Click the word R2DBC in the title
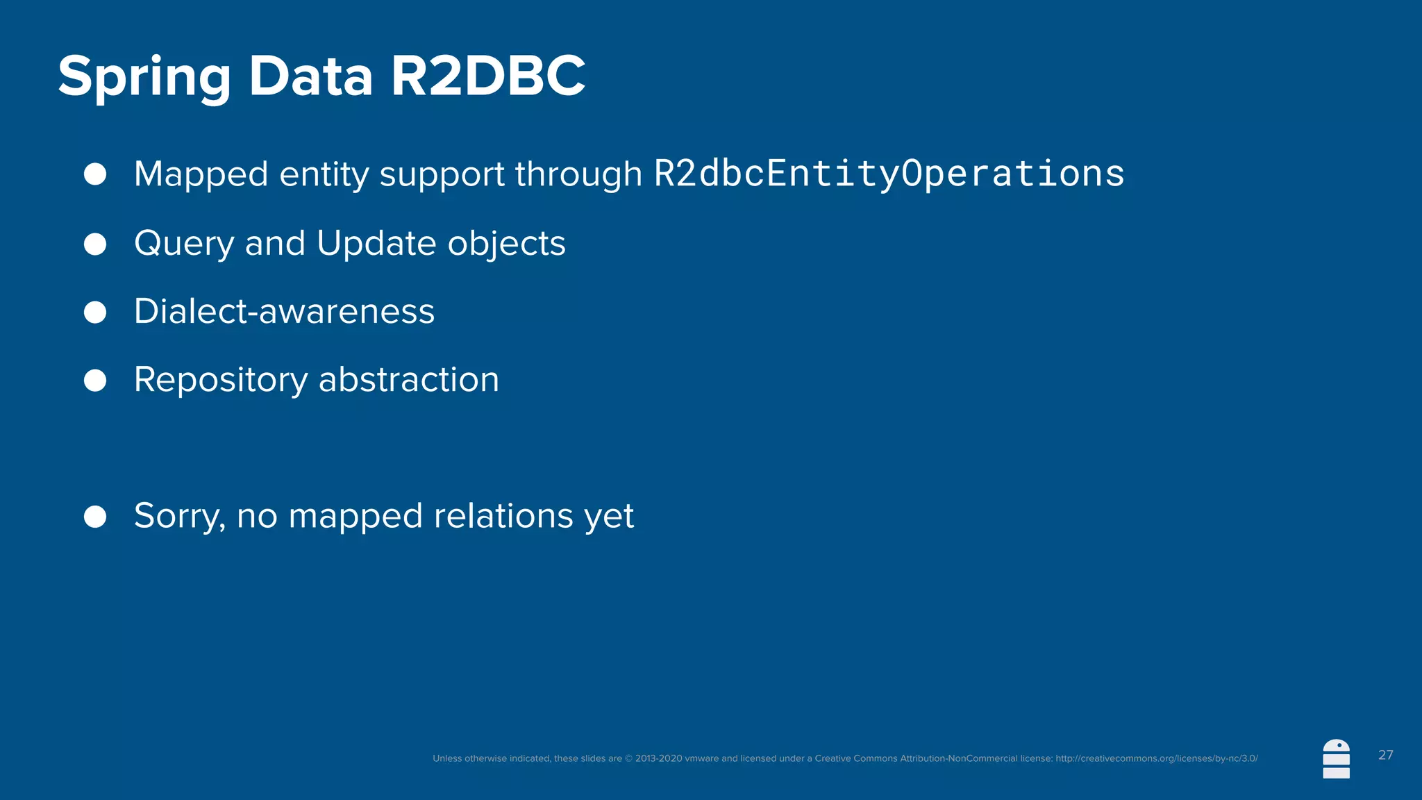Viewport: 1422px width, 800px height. pyautogui.click(x=488, y=76)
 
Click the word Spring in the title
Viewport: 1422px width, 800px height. pyautogui.click(x=144, y=78)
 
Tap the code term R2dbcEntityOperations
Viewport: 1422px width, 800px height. pyautogui.click(x=889, y=174)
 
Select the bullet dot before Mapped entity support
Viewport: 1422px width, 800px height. pyautogui.click(x=95, y=174)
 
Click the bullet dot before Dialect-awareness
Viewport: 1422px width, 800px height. pyautogui.click(x=95, y=312)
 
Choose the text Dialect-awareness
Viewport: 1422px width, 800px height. pyautogui.click(x=284, y=311)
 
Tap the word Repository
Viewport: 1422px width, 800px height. pyautogui.click(x=221, y=381)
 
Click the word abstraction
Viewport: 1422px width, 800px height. pyautogui.click(x=408, y=380)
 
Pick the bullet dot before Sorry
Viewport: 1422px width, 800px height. pyautogui.click(x=95, y=517)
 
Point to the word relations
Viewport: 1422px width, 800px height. pyautogui.click(x=503, y=516)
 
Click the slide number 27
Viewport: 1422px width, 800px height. pyautogui.click(x=1385, y=755)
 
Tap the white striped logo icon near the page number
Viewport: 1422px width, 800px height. pyautogui.click(x=1336, y=759)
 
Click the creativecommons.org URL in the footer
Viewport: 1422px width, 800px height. pyautogui.click(x=1156, y=758)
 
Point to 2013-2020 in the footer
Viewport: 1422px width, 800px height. pyautogui.click(x=658, y=758)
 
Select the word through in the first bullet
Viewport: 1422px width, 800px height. pyautogui.click(x=578, y=174)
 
